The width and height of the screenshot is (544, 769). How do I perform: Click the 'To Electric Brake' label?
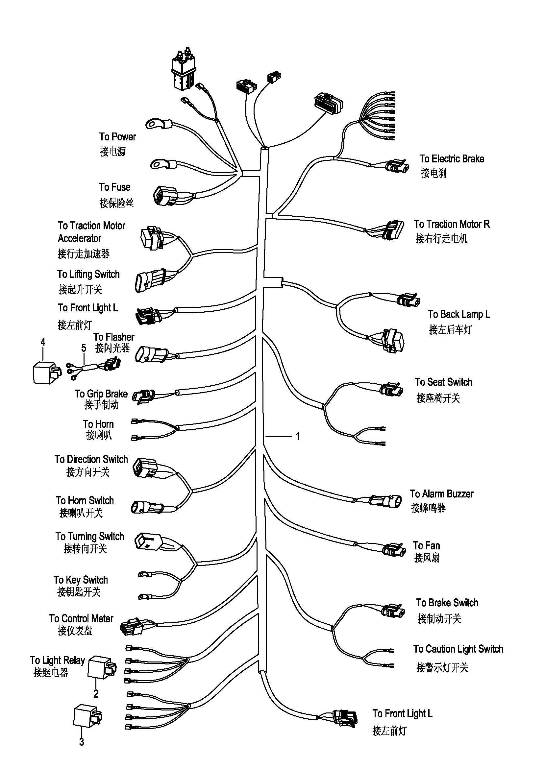click(x=452, y=159)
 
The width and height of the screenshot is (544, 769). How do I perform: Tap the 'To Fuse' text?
click(x=114, y=187)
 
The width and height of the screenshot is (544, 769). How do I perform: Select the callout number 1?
click(x=298, y=436)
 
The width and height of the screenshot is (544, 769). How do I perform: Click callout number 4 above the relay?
click(x=42, y=342)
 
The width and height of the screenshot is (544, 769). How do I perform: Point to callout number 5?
click(x=84, y=348)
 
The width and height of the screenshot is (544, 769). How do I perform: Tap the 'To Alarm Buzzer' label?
click(x=441, y=494)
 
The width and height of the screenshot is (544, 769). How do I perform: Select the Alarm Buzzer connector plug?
click(x=385, y=501)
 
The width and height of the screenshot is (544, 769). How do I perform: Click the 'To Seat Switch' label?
click(x=443, y=382)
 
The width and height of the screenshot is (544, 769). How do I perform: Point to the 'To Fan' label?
click(x=426, y=545)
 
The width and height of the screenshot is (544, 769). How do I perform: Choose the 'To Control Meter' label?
click(x=81, y=618)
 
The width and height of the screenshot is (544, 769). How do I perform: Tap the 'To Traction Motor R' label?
click(x=452, y=224)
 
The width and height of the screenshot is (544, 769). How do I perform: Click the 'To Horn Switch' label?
click(x=85, y=500)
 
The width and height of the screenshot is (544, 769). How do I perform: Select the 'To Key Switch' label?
click(x=81, y=580)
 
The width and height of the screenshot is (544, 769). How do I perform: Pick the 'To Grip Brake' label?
click(x=101, y=394)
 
